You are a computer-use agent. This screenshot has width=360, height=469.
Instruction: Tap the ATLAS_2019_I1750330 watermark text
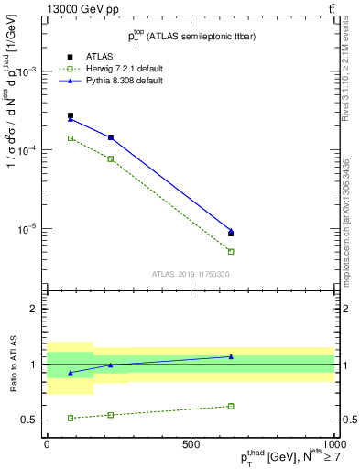[191, 273]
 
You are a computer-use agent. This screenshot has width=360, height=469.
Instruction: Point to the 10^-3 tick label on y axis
[29, 71]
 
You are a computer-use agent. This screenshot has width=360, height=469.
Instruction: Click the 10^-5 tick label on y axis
[29, 228]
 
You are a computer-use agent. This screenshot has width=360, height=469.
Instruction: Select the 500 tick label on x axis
[191, 442]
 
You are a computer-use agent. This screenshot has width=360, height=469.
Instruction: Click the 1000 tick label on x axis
[333, 442]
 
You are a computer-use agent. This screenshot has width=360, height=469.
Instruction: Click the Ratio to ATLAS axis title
[12, 363]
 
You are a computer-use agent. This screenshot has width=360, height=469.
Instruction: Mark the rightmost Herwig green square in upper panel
[231, 251]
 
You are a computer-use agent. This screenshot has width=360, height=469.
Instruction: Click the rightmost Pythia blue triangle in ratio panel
[231, 356]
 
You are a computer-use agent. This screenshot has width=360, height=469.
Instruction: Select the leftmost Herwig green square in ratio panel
[71, 418]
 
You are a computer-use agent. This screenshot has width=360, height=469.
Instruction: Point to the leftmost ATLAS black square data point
[71, 115]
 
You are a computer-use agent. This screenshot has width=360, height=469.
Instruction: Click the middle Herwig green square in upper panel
[111, 158]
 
